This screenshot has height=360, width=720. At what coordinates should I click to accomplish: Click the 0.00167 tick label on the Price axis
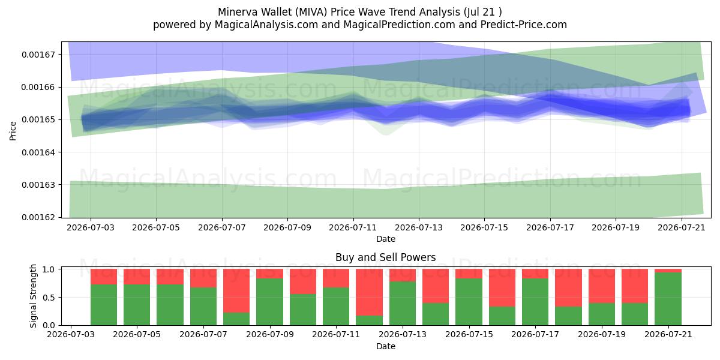[38, 55]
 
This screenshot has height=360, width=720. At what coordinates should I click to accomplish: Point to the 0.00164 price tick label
[38, 152]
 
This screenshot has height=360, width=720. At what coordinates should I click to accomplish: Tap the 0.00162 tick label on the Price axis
[38, 218]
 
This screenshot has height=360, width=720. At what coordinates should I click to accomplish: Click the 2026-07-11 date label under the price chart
[353, 227]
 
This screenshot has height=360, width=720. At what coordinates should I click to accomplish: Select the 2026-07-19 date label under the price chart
[616, 227]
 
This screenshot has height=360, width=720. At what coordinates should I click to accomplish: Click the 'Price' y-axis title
[13, 131]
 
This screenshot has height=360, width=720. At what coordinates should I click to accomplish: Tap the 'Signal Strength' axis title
[33, 296]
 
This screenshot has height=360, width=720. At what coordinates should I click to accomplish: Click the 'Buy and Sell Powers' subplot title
[385, 257]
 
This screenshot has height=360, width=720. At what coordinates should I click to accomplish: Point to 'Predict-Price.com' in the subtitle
[524, 25]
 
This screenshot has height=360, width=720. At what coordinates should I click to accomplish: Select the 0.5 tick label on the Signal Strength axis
[49, 298]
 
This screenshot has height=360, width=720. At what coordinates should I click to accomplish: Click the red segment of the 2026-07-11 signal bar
[336, 278]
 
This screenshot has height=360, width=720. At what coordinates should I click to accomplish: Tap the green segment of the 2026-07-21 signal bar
[668, 299]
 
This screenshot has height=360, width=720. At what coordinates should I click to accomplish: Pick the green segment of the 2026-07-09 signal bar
[269, 301]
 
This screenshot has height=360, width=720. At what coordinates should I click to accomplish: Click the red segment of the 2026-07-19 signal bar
[602, 286]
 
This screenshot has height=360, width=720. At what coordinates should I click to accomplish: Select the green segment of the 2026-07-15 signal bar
[469, 301]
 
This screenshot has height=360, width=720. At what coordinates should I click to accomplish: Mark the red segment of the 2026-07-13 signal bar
[403, 275]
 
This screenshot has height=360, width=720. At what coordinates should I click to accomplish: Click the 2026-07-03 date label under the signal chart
[71, 334]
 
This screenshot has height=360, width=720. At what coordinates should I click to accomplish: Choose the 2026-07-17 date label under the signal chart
[535, 334]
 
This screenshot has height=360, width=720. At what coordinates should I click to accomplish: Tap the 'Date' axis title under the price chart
[386, 239]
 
